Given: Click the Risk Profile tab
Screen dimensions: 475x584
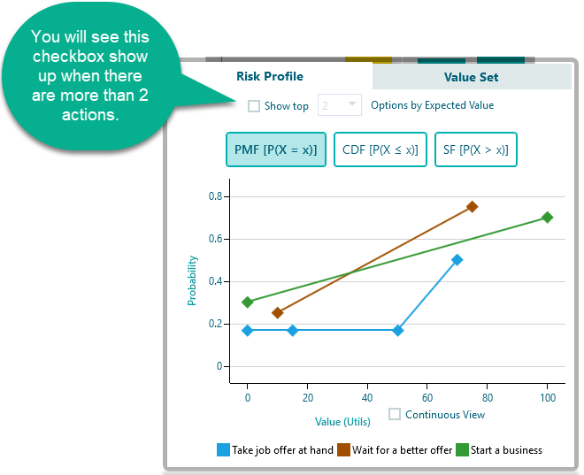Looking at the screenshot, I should point(270,77).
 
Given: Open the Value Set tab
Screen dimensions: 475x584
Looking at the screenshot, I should point(471,77).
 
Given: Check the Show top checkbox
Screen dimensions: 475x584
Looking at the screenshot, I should point(254,106).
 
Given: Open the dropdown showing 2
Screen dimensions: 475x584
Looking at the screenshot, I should point(341,105).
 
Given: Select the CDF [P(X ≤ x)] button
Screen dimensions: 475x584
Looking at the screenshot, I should point(380,149).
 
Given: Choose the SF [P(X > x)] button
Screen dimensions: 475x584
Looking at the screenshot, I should point(476,149).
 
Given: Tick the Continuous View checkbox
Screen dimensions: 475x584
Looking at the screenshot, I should point(396,414).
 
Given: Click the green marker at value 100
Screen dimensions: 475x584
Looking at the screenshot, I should point(547,218).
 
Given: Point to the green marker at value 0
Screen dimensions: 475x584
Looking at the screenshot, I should point(248,303).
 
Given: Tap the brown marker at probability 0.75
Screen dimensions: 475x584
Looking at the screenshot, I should point(473,207).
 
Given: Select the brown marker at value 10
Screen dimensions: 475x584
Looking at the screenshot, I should point(278,313).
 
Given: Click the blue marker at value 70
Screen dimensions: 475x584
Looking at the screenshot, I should point(457,260).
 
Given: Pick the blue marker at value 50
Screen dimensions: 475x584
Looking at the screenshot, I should point(397,331).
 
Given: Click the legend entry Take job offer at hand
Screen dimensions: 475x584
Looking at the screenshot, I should point(275,450).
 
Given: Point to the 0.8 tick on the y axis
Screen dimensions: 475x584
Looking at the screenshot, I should point(214,196).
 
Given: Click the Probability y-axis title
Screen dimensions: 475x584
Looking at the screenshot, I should point(192,281).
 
